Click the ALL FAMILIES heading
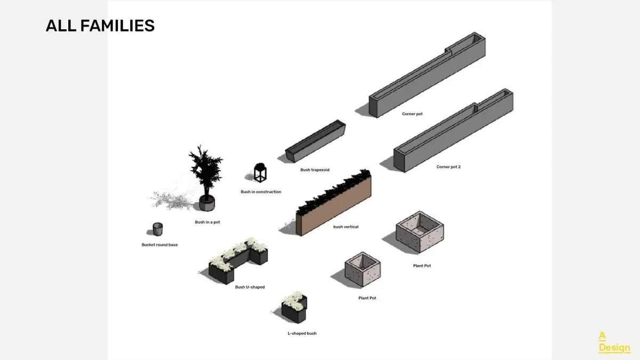100,26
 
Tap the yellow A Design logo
614,342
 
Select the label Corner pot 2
448,167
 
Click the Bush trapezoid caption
315,170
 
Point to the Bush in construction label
261,192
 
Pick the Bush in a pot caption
207,222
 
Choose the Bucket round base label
159,245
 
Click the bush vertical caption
346,227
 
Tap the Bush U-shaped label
250,287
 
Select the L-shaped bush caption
302,333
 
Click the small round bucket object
157,229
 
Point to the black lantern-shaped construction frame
260,172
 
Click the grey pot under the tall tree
206,203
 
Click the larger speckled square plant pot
420,233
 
